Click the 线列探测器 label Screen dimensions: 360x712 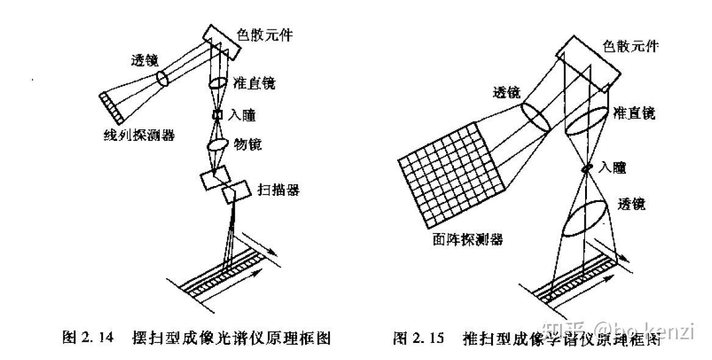pos(139,135)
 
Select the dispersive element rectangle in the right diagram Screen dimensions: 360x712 pos(584,62)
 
